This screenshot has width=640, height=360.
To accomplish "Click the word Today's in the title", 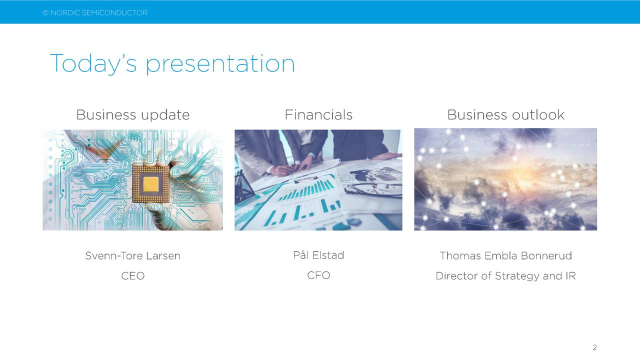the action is pyautogui.click(x=93, y=63).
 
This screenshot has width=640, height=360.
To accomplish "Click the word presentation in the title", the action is pyautogui.click(x=220, y=64).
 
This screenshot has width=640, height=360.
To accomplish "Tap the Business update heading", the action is pyautogui.click(x=133, y=115).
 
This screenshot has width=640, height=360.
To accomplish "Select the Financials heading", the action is pyautogui.click(x=318, y=114).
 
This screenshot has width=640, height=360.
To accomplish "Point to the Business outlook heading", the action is pyautogui.click(x=505, y=114).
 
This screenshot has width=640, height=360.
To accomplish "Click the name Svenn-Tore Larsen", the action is pyautogui.click(x=133, y=255).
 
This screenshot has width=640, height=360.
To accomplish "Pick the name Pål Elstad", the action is pyautogui.click(x=318, y=255).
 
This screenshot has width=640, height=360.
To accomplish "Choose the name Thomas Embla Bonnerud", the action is pyautogui.click(x=505, y=255).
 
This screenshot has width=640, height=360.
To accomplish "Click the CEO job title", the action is pyautogui.click(x=133, y=275).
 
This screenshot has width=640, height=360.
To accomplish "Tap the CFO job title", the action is pyautogui.click(x=318, y=275).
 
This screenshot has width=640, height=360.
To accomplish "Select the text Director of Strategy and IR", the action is pyautogui.click(x=505, y=276).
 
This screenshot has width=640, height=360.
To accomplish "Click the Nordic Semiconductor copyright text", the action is pyautogui.click(x=95, y=13).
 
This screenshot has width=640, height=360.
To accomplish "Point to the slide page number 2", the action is pyautogui.click(x=594, y=347).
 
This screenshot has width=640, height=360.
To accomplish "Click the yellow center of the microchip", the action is pyautogui.click(x=150, y=184).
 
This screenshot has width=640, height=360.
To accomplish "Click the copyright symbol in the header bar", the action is pyautogui.click(x=45, y=13).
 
